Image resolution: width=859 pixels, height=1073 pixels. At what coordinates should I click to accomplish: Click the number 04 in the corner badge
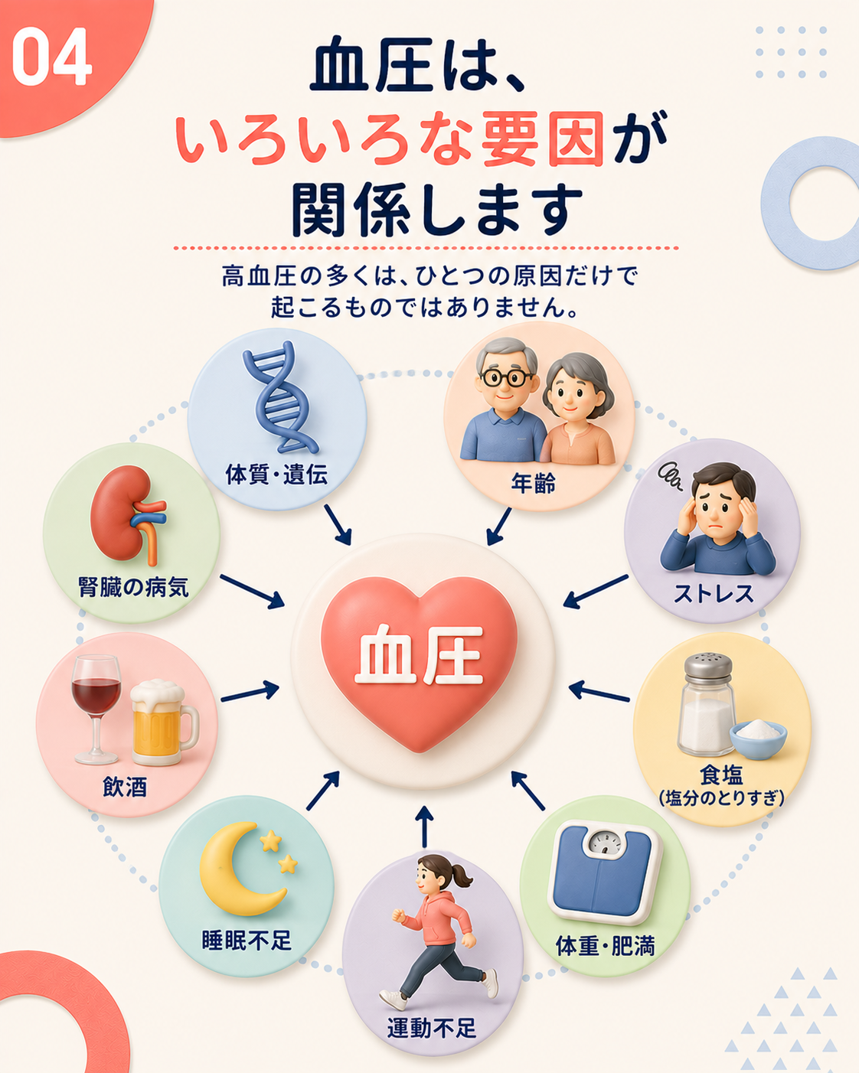click(x=52, y=57)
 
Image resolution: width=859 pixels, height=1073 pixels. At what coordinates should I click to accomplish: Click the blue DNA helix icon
click(x=278, y=397)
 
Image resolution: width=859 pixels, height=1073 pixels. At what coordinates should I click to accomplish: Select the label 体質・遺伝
click(x=276, y=474)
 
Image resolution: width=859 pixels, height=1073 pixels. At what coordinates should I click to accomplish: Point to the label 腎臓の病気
click(x=134, y=586)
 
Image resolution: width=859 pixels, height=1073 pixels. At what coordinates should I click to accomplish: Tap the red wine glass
click(x=96, y=709)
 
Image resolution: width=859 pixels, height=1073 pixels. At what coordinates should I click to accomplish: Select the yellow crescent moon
click(x=240, y=869)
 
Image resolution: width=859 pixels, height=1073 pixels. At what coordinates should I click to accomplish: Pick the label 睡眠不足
click(x=247, y=941)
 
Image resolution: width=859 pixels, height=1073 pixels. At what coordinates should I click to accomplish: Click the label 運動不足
click(x=432, y=1028)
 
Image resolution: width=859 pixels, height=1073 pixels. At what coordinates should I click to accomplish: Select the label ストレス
click(x=714, y=593)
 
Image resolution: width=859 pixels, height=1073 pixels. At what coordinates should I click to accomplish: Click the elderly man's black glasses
click(x=505, y=378)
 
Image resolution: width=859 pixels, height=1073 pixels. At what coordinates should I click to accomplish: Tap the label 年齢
click(x=534, y=483)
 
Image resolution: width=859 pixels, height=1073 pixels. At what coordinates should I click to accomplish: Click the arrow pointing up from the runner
click(x=424, y=827)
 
